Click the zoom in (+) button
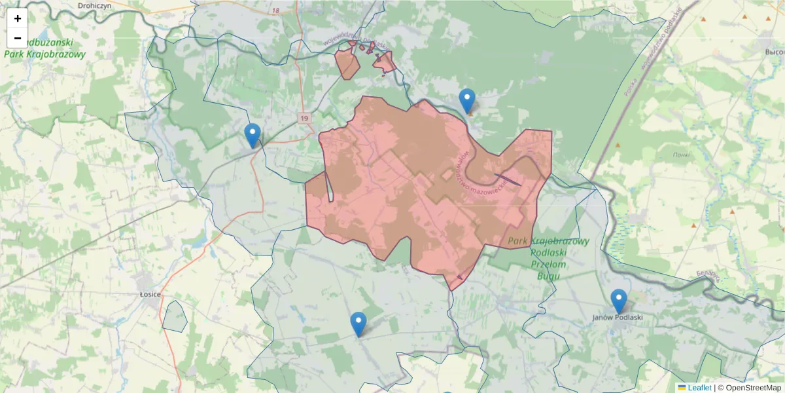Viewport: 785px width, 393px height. point(18,18)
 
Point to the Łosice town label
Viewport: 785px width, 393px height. point(150,294)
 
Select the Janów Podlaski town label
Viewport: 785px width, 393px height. point(618,317)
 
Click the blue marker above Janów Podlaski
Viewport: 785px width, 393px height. point(618,301)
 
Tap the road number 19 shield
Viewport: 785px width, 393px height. point(304,118)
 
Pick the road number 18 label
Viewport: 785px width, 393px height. point(275,11)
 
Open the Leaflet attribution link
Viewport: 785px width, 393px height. point(699,388)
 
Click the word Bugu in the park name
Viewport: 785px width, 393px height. point(548,276)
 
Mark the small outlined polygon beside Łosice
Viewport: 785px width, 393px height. point(175,316)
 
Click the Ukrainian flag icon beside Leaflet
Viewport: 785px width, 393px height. point(682,388)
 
